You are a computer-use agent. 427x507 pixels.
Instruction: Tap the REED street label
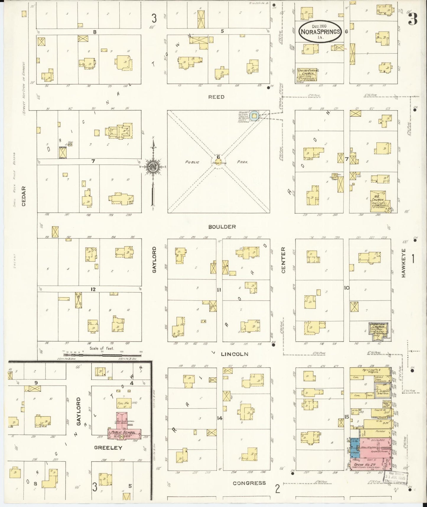(x=216, y=97)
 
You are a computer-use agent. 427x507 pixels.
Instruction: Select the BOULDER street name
(x=222, y=227)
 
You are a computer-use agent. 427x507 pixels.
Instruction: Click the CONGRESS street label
(x=249, y=483)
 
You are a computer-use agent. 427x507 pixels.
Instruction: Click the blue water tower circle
(x=254, y=116)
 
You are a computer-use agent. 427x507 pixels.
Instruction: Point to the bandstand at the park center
(x=218, y=162)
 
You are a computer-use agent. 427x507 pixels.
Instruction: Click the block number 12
(x=93, y=289)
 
